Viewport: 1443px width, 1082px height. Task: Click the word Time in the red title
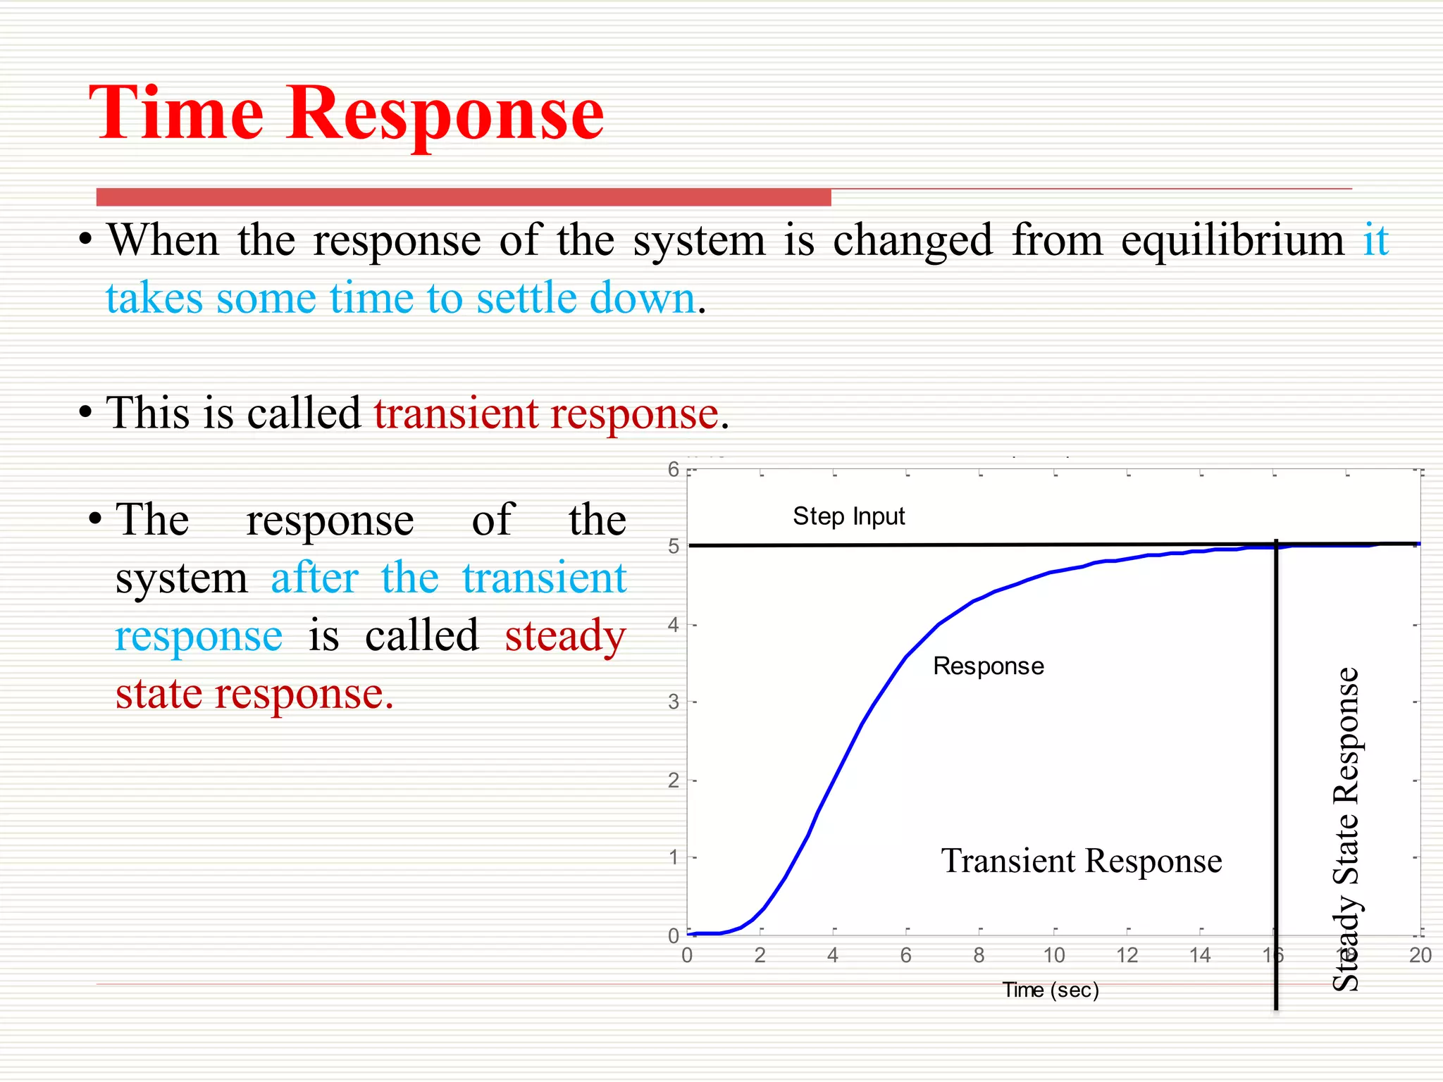(x=176, y=113)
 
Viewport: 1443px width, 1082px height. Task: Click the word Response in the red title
(x=445, y=113)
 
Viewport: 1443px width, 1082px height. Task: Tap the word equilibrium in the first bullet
(x=1233, y=240)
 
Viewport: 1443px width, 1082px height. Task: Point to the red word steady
(x=565, y=635)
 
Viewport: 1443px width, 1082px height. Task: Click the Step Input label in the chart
(x=848, y=516)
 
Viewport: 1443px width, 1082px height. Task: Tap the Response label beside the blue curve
(x=988, y=666)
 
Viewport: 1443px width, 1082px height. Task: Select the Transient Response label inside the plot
(x=1081, y=861)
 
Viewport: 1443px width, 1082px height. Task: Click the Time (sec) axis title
(x=1050, y=990)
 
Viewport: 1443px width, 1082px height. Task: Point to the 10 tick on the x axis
(x=1053, y=956)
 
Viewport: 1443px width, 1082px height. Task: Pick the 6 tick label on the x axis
(x=905, y=956)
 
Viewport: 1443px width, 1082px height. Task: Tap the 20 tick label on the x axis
(x=1420, y=956)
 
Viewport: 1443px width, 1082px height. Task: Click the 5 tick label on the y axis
(x=674, y=547)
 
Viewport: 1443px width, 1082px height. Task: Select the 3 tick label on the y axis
(x=674, y=702)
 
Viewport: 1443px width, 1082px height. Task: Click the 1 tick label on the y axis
(x=674, y=858)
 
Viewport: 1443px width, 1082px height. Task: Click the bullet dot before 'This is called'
(x=85, y=413)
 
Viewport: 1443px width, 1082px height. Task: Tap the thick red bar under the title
(x=463, y=197)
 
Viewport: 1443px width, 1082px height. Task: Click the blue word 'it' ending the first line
(x=1375, y=240)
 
